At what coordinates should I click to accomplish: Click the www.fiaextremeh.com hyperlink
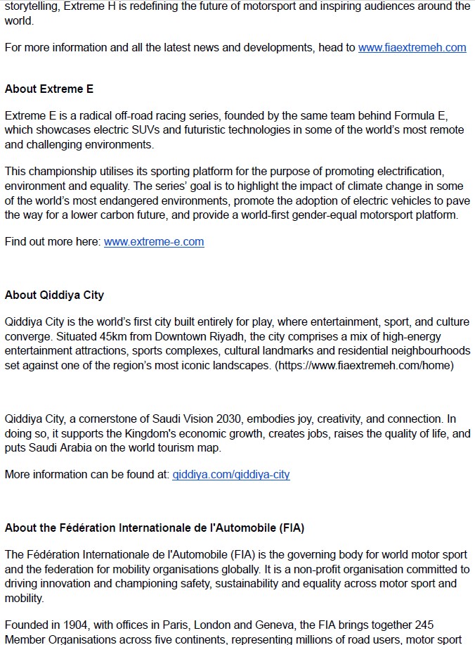click(x=412, y=48)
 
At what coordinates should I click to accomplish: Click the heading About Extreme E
click(x=49, y=89)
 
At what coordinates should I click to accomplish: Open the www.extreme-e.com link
click(x=154, y=242)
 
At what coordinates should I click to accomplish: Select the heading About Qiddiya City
click(x=54, y=295)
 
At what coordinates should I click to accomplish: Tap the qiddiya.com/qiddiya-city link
click(x=231, y=475)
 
